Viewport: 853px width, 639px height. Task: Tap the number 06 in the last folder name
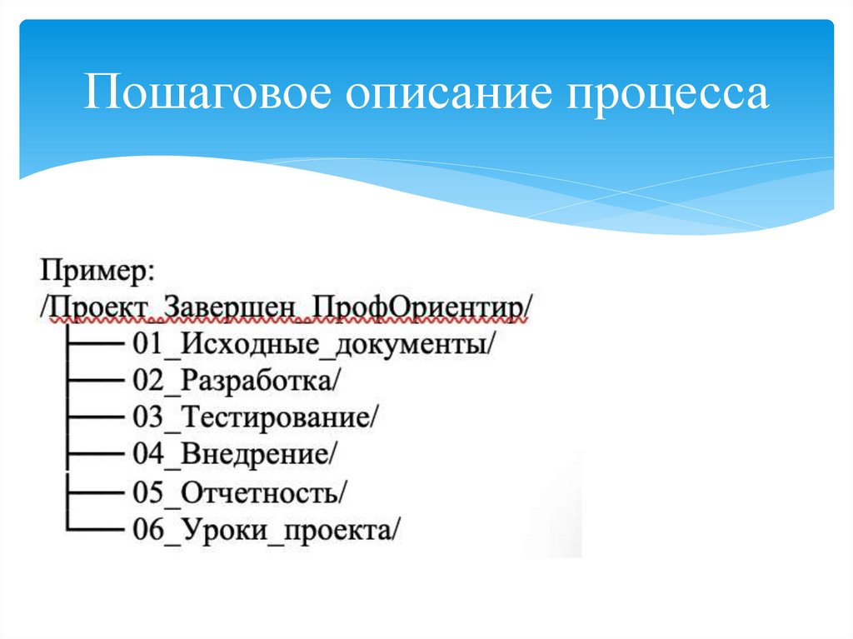(147, 529)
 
